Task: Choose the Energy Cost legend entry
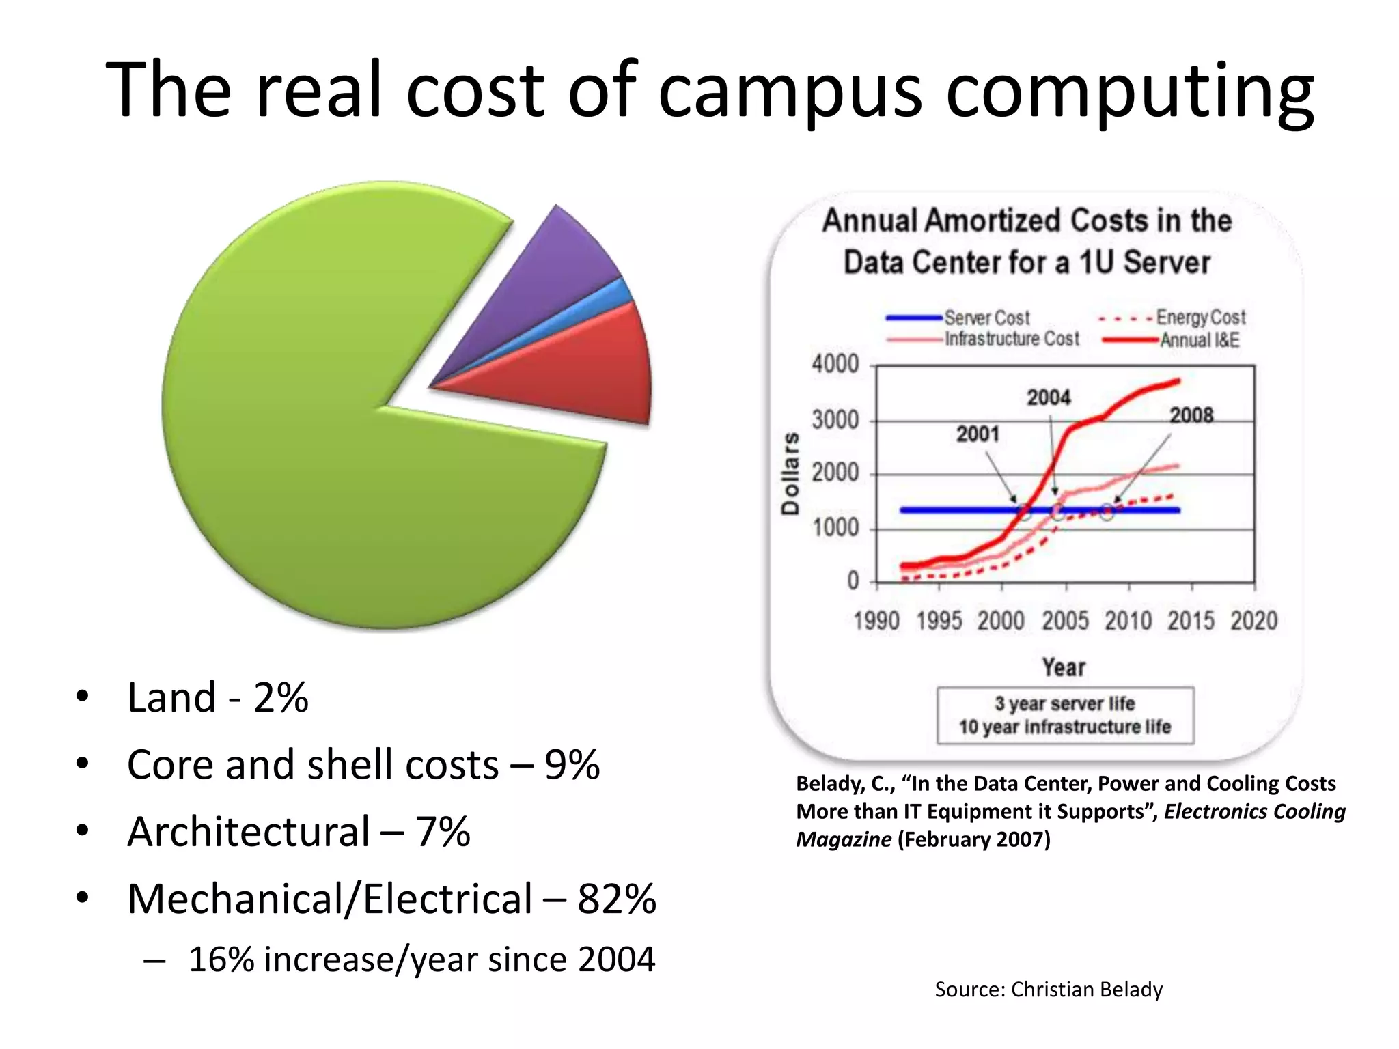[x=1200, y=318]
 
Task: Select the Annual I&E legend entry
[x=1199, y=340]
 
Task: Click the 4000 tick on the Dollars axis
[x=835, y=364]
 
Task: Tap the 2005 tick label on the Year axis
[x=1065, y=621]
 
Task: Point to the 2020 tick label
[x=1254, y=621]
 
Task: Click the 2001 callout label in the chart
[x=978, y=434]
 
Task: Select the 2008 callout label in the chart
[x=1191, y=415]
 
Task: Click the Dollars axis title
[x=790, y=473]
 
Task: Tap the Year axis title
[x=1064, y=667]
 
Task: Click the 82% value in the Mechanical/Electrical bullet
[x=617, y=899]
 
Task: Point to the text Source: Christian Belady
[x=1049, y=990]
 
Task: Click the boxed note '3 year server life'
[x=1064, y=703]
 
